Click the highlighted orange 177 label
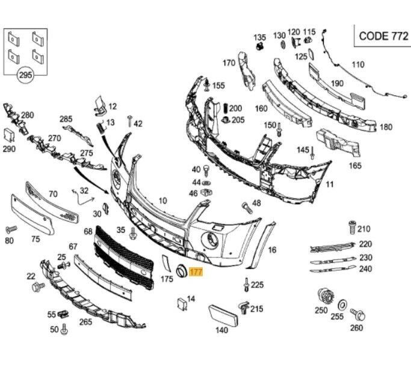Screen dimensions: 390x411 197,273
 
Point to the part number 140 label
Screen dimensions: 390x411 221,330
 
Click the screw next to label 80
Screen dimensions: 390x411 10,230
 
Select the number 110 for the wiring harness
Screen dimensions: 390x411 357,64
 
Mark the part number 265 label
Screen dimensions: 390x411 85,322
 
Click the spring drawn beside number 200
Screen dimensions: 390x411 225,108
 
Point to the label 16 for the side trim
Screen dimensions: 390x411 272,250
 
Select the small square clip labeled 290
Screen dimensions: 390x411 9,135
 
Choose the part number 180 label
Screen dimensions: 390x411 386,127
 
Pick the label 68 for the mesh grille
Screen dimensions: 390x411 88,231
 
